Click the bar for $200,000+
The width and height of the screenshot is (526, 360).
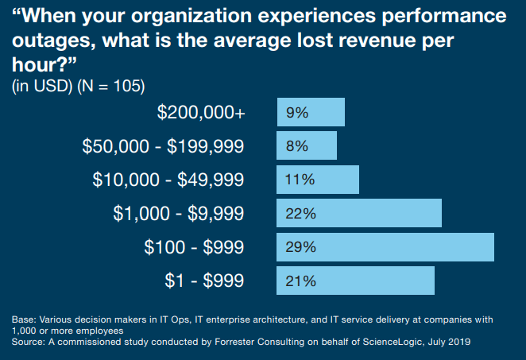(311, 112)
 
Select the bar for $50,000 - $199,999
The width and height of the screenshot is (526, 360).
(307, 145)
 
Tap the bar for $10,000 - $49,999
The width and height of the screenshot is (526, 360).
(318, 180)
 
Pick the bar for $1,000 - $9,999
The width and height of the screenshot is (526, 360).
(359, 213)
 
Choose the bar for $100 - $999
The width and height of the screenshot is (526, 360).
(385, 247)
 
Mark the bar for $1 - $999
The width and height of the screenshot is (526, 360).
(355, 281)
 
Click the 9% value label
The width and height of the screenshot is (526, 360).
(296, 113)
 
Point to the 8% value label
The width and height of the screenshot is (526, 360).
(296, 146)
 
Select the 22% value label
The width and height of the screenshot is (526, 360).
(301, 214)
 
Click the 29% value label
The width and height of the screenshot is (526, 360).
(301, 247)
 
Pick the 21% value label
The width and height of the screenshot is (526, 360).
(301, 281)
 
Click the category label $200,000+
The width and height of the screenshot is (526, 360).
(201, 113)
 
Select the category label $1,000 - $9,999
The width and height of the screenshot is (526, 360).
(179, 213)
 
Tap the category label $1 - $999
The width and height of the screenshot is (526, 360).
(204, 281)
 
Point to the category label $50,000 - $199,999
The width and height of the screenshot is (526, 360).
(163, 146)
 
